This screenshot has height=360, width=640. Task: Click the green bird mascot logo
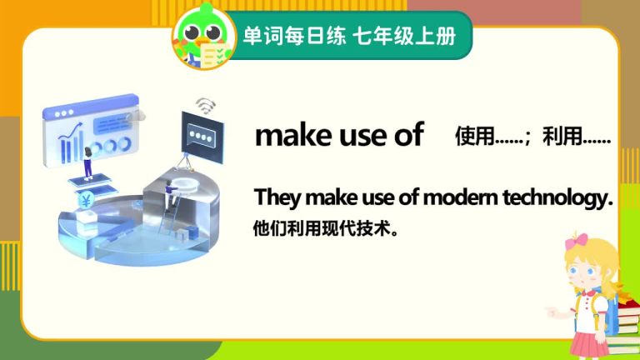click(x=204, y=37)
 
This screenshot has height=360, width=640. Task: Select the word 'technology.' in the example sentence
click(x=558, y=198)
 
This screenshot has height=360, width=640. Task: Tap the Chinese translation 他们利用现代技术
click(x=325, y=228)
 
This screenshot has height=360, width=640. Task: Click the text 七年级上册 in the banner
click(x=404, y=36)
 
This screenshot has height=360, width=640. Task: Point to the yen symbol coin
click(x=86, y=200)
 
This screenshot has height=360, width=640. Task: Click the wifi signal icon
click(x=206, y=106)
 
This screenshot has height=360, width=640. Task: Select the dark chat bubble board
click(x=202, y=137)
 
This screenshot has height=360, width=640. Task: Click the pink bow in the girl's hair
click(x=577, y=241)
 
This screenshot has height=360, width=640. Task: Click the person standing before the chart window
click(x=87, y=163)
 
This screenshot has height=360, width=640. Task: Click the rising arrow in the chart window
click(x=70, y=131)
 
